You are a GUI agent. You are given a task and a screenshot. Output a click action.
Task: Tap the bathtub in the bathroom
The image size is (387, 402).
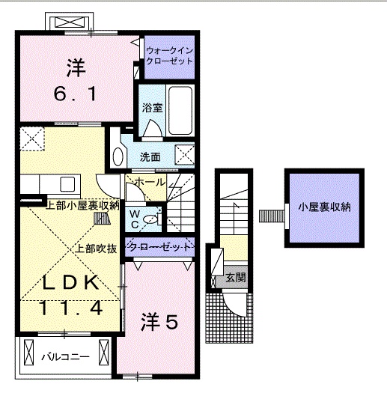(x=180, y=109)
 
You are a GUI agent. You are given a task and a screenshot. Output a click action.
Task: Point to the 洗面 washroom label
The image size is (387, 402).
(x=150, y=157)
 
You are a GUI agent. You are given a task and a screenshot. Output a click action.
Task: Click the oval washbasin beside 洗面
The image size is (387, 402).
(x=118, y=156)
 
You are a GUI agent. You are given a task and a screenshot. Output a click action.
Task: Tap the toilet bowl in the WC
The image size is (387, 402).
(x=150, y=219)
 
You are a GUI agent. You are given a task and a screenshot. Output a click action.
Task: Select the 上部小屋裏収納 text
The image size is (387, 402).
(x=82, y=206)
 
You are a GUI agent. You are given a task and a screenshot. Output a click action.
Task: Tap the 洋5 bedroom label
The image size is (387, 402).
(x=160, y=322)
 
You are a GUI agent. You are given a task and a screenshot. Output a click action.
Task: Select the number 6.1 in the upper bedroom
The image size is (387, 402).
(x=73, y=95)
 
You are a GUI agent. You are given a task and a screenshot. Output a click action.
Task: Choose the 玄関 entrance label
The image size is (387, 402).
(x=236, y=278)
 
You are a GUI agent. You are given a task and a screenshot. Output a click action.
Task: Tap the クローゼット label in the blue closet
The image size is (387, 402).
(x=158, y=246)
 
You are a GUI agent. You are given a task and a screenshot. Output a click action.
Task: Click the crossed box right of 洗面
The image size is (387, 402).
(x=185, y=155)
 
